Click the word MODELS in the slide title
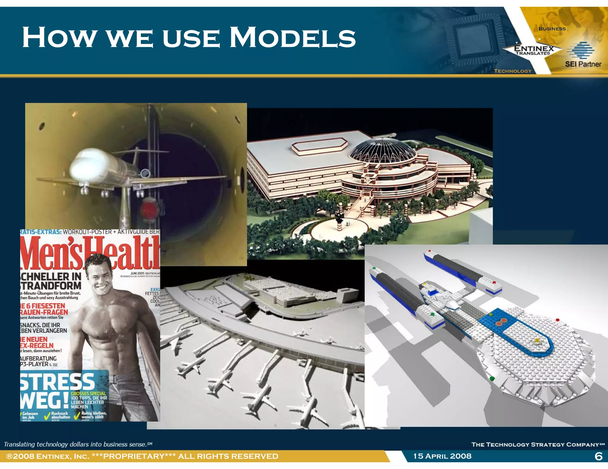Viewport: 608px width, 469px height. (292, 38)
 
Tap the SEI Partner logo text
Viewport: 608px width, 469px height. (583, 64)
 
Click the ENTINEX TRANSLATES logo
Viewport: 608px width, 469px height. (533, 50)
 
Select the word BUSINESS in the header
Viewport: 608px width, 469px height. (552, 29)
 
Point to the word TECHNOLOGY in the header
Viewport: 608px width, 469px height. (512, 71)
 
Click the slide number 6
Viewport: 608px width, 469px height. (598, 456)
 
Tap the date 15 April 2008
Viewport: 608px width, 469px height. (442, 456)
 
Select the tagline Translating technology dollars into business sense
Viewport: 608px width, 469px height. (78, 444)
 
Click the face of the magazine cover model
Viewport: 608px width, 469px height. (99, 276)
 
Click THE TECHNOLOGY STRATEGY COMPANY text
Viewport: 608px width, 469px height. (538, 444)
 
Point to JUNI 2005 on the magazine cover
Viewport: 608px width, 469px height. (137, 273)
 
